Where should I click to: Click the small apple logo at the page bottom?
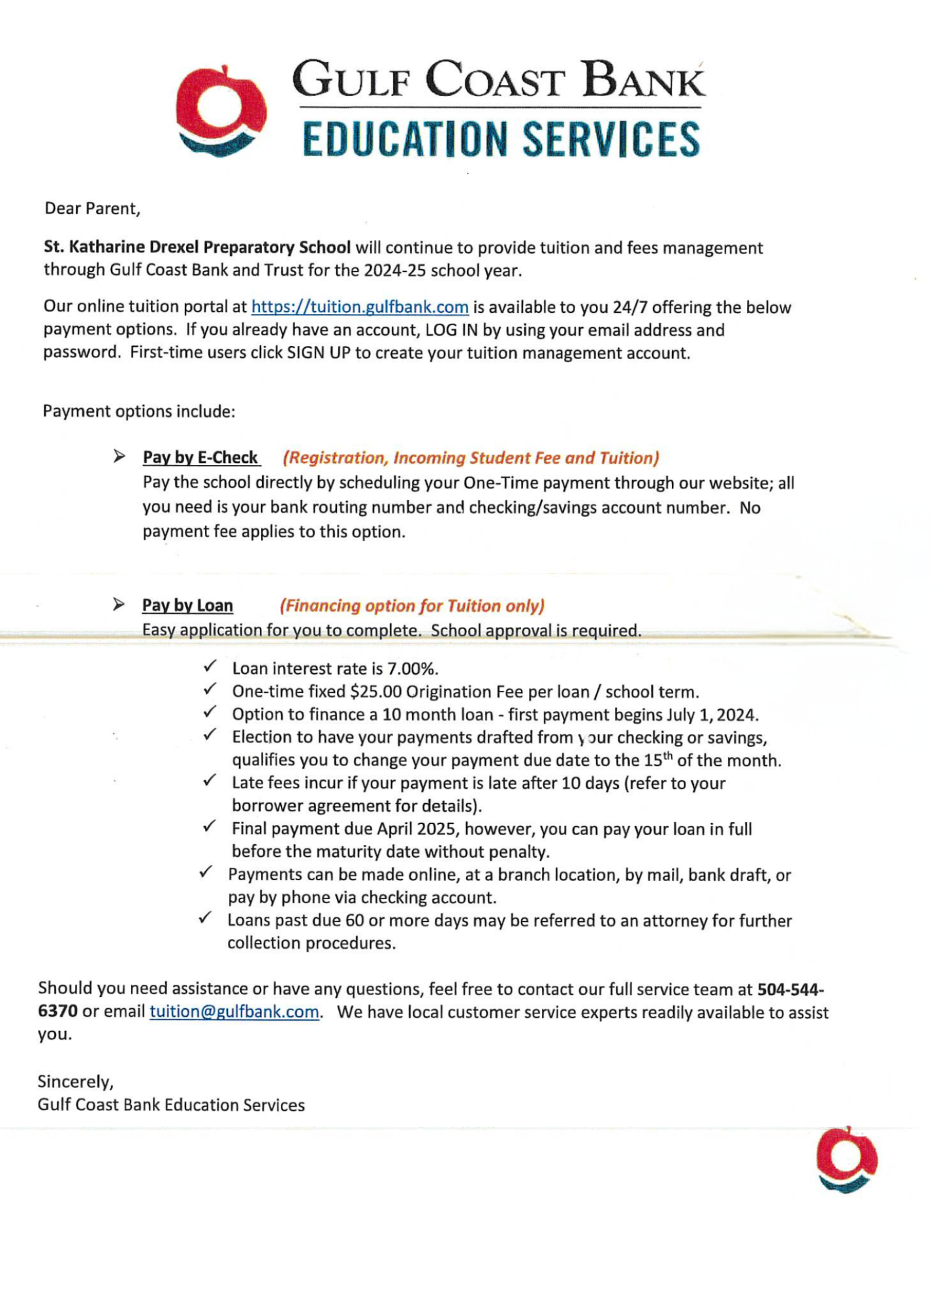tap(846, 1159)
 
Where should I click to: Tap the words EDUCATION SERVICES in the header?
tap(501, 138)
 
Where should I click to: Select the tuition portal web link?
tap(360, 307)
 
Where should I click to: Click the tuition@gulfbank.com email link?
tap(234, 1011)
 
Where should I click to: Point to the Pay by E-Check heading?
tap(200, 458)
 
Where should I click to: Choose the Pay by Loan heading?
tap(187, 605)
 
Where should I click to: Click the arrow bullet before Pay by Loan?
tap(119, 604)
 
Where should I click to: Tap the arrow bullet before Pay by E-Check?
tap(119, 456)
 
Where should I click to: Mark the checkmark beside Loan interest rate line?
tap(210, 666)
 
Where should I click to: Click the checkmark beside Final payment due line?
tap(210, 826)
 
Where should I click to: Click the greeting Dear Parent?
tap(92, 209)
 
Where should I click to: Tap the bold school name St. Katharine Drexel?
tap(197, 247)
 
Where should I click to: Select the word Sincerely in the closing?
tap(75, 1082)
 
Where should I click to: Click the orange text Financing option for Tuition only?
tap(412, 606)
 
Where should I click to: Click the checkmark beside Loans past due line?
tap(205, 917)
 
